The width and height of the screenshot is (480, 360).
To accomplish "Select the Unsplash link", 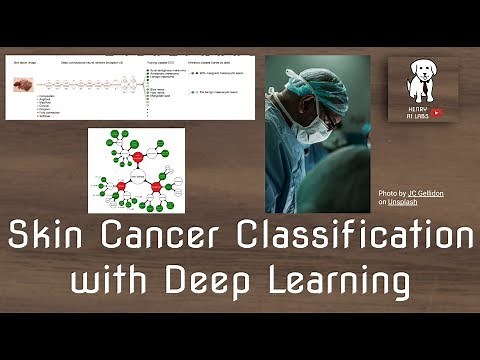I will [x=403, y=201].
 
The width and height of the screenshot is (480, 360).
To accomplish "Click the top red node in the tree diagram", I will [x=138, y=156].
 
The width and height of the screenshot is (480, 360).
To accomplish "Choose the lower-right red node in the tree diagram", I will [x=157, y=186].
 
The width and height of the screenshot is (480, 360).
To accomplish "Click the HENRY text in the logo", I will [x=423, y=105].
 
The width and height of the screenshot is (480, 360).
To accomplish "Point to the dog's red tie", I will [x=423, y=91].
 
